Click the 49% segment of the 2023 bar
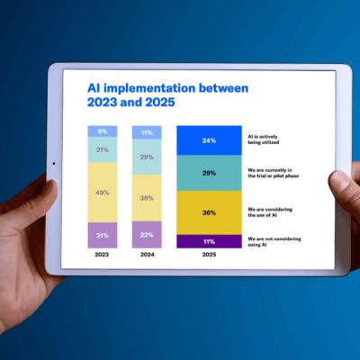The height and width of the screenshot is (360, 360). coord(102,193)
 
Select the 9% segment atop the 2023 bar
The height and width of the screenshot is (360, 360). coord(102,131)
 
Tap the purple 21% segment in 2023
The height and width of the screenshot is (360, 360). coord(102,235)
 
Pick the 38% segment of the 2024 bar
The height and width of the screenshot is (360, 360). coord(147,198)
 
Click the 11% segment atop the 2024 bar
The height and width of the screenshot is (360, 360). coord(147,132)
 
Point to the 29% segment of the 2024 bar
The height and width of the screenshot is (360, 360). coord(147,157)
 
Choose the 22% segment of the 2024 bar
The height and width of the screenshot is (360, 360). coord(147,235)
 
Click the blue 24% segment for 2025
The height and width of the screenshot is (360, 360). coord(209,140)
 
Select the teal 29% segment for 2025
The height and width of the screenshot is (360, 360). coord(209,173)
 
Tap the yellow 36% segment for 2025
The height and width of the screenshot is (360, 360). coord(209,212)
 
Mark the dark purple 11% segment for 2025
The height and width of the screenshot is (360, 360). coord(209,241)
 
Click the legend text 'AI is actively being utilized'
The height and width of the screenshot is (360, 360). coord(265,140)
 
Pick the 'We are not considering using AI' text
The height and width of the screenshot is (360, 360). coord(272,240)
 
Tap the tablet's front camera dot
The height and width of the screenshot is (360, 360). coord(53,164)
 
